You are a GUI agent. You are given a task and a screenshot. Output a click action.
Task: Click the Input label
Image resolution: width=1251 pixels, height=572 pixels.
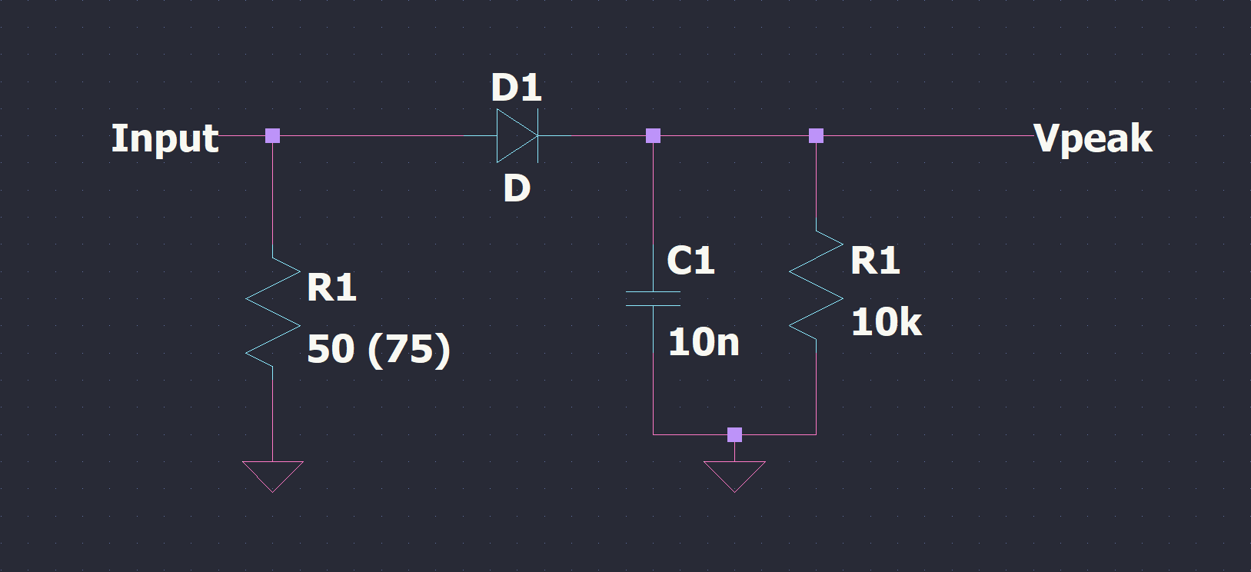pyautogui.click(x=165, y=139)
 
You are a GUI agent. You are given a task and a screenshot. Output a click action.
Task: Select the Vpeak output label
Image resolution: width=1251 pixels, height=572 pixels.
pyautogui.click(x=1093, y=139)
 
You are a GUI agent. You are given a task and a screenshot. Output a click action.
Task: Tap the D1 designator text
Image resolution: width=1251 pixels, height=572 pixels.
pyautogui.click(x=516, y=88)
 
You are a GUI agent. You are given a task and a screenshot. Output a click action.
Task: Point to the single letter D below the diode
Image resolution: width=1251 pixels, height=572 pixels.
pyautogui.click(x=517, y=188)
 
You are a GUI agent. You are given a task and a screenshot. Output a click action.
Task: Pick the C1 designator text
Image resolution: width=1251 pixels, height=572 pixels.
pyautogui.click(x=690, y=261)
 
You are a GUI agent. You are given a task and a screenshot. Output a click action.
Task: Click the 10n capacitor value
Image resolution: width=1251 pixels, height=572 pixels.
pyautogui.click(x=703, y=342)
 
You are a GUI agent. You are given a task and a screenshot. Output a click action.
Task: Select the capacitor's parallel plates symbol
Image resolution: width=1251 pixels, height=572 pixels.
pyautogui.click(x=653, y=299)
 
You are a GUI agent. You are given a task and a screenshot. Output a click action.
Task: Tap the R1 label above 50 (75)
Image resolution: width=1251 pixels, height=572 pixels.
pyautogui.click(x=331, y=288)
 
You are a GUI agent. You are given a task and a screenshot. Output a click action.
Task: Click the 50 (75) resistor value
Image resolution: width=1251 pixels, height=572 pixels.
pyautogui.click(x=378, y=349)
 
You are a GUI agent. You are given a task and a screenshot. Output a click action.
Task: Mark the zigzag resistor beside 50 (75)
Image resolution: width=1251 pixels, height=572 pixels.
pyautogui.click(x=273, y=311)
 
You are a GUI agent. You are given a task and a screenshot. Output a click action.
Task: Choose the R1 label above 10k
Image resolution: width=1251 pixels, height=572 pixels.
pyautogui.click(x=875, y=261)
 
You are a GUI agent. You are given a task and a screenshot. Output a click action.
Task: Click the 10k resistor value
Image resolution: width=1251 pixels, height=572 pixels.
pyautogui.click(x=886, y=322)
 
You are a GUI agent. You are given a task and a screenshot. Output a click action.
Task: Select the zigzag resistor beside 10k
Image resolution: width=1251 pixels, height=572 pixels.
pyautogui.click(x=816, y=285)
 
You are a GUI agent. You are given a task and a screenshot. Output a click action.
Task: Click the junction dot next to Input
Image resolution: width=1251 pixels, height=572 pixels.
pyautogui.click(x=273, y=136)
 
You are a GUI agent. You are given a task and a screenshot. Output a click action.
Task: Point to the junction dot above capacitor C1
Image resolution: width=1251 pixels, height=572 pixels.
pyautogui.click(x=653, y=136)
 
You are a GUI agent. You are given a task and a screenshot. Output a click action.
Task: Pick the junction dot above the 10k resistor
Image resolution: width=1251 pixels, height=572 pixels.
pyautogui.click(x=816, y=136)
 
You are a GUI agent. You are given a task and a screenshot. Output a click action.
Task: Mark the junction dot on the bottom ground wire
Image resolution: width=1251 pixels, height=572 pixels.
pyautogui.click(x=734, y=434)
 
